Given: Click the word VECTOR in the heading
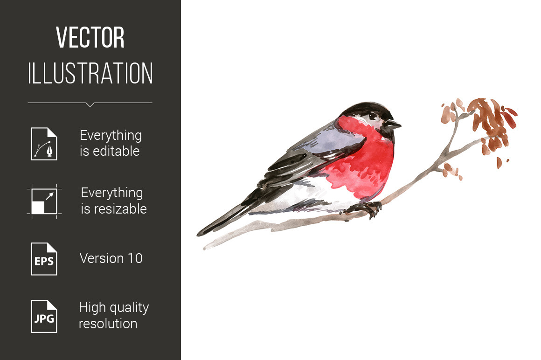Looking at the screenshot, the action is pos(90,37).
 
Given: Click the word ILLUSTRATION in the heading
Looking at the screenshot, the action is pos(90,73).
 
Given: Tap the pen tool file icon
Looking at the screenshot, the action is pos(44,144).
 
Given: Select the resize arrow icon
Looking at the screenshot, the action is pos(44,201).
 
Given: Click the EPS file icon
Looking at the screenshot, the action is pos(44,259).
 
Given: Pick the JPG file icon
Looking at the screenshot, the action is pos(44,317).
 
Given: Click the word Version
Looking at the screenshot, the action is pos(102,258).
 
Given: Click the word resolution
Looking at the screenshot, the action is pos(108,324).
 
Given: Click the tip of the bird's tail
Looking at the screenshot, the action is pos(199,234).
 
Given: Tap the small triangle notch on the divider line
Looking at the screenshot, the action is pos(90,104).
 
